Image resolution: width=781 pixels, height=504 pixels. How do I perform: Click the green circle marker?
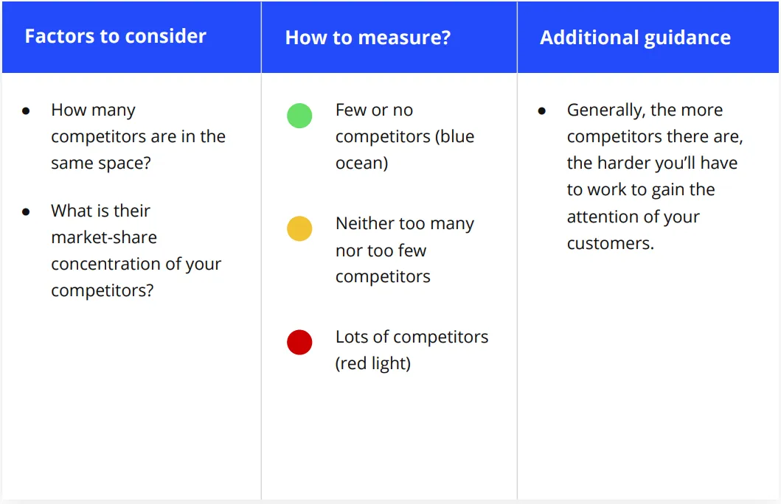point(299,116)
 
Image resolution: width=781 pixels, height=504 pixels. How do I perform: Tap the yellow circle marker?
point(299,228)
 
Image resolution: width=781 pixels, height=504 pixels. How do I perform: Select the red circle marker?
point(299,343)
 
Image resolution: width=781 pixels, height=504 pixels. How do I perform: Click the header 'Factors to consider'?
point(116,36)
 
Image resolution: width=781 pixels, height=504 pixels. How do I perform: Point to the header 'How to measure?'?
point(368,38)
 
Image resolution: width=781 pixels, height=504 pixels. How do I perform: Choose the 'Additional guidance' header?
point(635,38)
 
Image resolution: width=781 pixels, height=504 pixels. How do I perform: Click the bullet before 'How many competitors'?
point(26,111)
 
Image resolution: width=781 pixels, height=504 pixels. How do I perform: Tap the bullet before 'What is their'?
point(26,212)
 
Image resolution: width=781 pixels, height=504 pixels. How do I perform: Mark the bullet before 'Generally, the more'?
point(542,111)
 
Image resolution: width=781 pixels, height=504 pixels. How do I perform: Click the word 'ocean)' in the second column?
point(361,163)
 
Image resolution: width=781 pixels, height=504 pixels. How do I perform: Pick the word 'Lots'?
point(353,337)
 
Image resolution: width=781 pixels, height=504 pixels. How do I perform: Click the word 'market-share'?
point(104,237)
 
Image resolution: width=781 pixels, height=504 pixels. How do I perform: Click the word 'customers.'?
point(610,243)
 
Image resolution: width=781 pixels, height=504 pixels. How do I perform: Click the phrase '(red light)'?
point(373,364)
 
